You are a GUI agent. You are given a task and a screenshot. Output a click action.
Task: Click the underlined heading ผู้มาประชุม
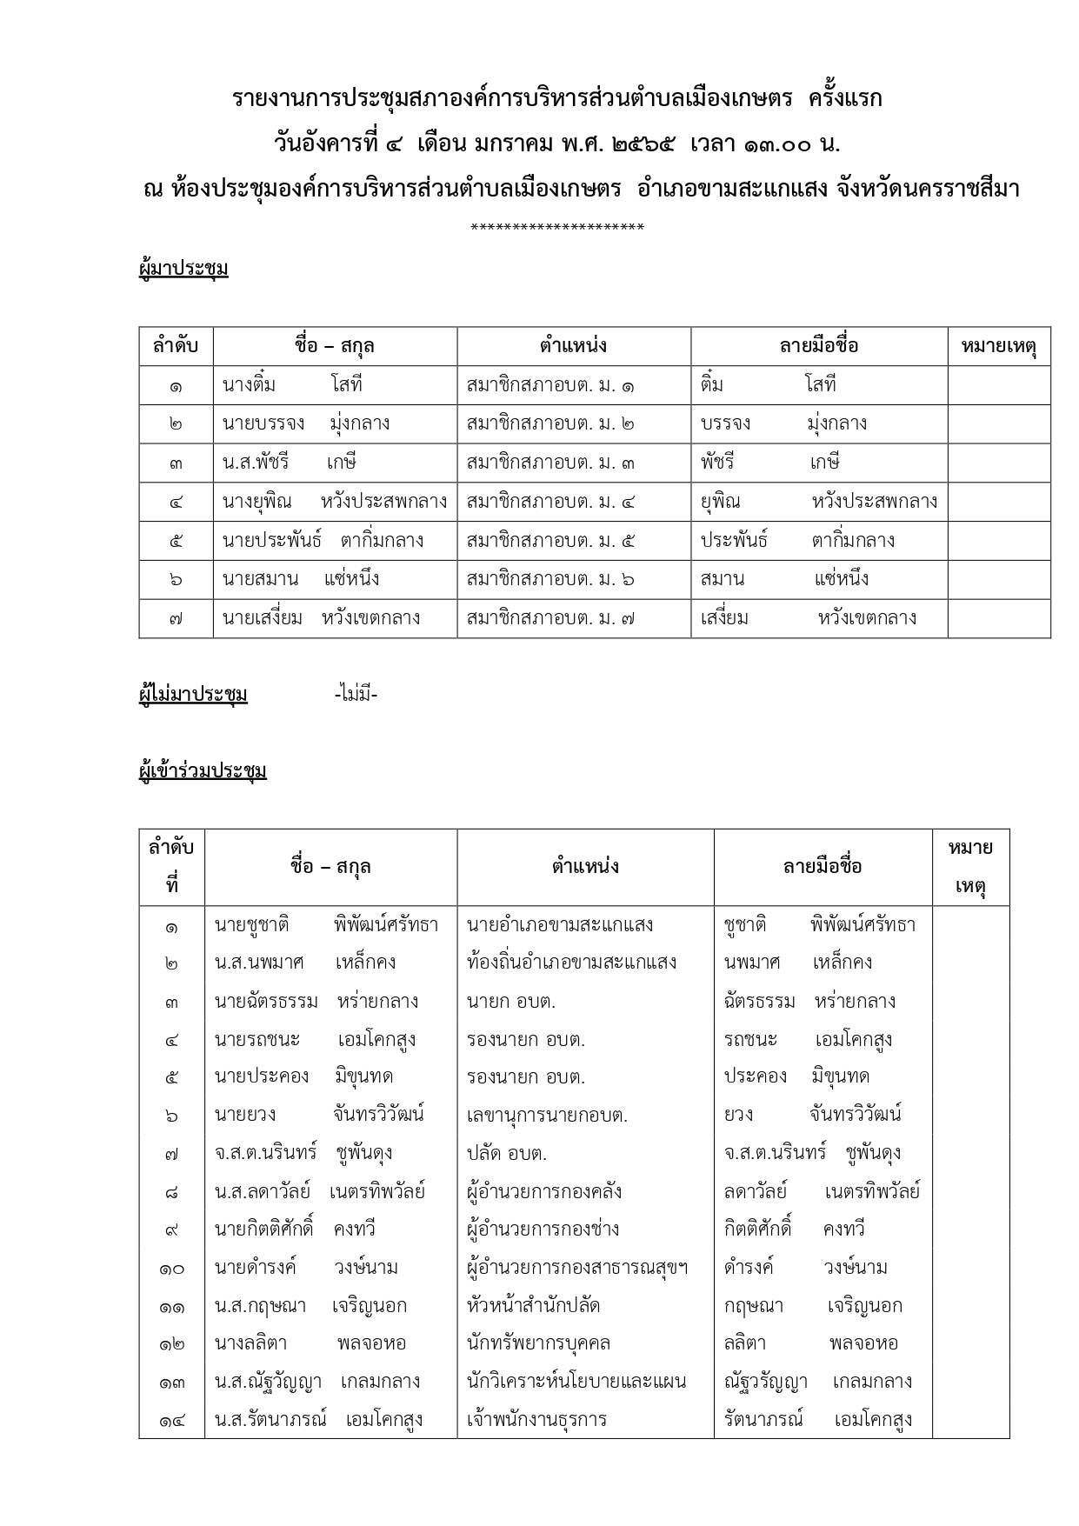(183, 269)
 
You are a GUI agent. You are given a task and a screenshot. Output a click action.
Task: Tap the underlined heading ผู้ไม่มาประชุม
(193, 695)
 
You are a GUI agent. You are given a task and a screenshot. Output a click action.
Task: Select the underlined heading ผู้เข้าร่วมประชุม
(203, 771)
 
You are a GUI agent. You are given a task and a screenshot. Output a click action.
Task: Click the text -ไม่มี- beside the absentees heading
(356, 695)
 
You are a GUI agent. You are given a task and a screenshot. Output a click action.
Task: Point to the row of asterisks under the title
(557, 229)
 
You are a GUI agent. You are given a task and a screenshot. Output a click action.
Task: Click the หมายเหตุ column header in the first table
(999, 346)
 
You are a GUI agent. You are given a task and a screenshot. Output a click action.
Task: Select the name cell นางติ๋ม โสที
(292, 385)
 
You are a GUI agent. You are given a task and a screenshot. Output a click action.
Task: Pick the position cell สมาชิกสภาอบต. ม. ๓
(550, 463)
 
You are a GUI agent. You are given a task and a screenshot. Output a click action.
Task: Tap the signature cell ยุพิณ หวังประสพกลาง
(818, 502)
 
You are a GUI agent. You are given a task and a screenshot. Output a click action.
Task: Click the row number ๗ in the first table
(176, 619)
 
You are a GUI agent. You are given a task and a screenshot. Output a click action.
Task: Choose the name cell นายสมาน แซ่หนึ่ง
(301, 580)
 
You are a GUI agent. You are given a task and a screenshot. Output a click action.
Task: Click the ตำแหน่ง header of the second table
(585, 867)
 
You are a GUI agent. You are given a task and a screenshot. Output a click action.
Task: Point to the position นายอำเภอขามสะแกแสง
(560, 924)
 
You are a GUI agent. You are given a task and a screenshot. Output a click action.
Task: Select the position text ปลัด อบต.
(507, 1154)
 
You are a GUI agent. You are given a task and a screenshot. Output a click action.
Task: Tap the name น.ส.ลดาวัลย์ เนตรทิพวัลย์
(320, 1191)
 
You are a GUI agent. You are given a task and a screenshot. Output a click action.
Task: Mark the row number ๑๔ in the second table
(171, 1421)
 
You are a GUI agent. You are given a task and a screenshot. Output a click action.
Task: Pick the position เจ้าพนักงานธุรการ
(536, 1420)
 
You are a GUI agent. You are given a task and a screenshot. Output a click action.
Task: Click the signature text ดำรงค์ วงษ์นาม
(805, 1268)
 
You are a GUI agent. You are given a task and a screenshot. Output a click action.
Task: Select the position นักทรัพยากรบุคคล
(538, 1343)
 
